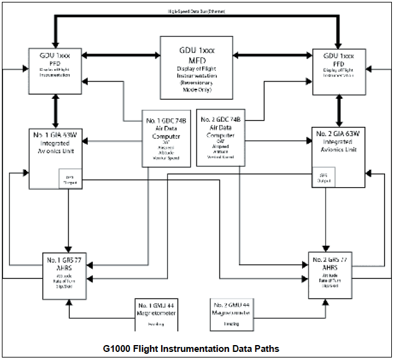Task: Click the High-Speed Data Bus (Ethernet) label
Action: click(x=195, y=12)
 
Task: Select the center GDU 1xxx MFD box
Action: click(x=195, y=65)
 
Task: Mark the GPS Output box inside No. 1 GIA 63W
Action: click(x=70, y=178)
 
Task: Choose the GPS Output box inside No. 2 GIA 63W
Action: click(x=322, y=178)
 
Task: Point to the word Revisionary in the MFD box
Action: click(x=195, y=82)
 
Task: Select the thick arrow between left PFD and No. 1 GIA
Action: click(x=55, y=111)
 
